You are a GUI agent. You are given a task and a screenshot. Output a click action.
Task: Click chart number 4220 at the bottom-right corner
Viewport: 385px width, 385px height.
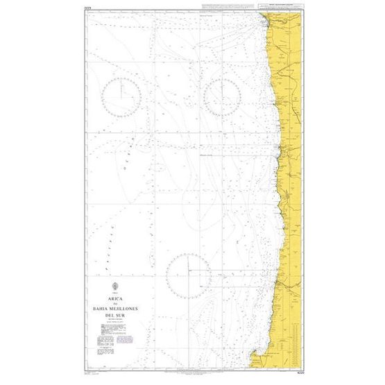300,373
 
